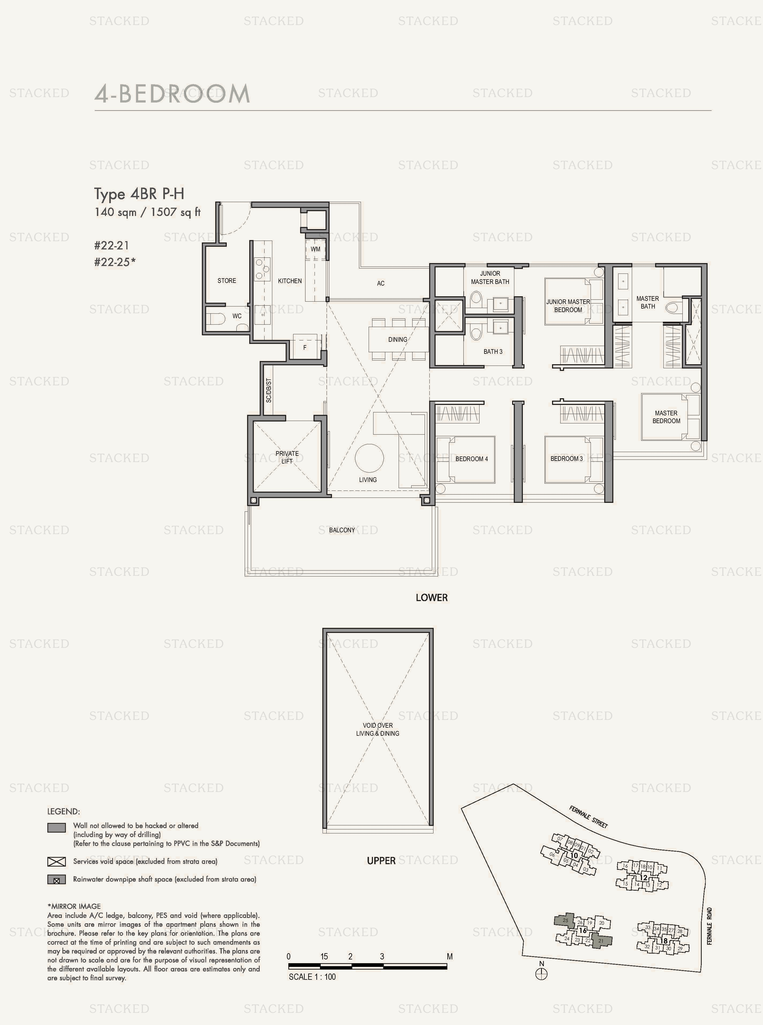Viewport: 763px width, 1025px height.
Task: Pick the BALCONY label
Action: pos(342,530)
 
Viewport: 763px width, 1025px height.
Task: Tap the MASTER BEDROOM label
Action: pos(666,417)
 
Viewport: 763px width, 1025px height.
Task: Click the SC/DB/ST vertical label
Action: pos(269,390)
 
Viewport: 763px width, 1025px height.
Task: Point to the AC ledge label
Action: pos(381,283)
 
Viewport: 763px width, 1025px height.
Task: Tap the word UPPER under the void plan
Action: pos(381,861)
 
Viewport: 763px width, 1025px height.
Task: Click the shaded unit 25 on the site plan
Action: pos(564,920)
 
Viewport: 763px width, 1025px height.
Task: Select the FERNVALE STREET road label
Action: pos(588,817)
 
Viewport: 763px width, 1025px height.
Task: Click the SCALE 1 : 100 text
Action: pos(312,977)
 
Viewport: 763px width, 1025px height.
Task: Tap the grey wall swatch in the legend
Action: pos(56,828)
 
